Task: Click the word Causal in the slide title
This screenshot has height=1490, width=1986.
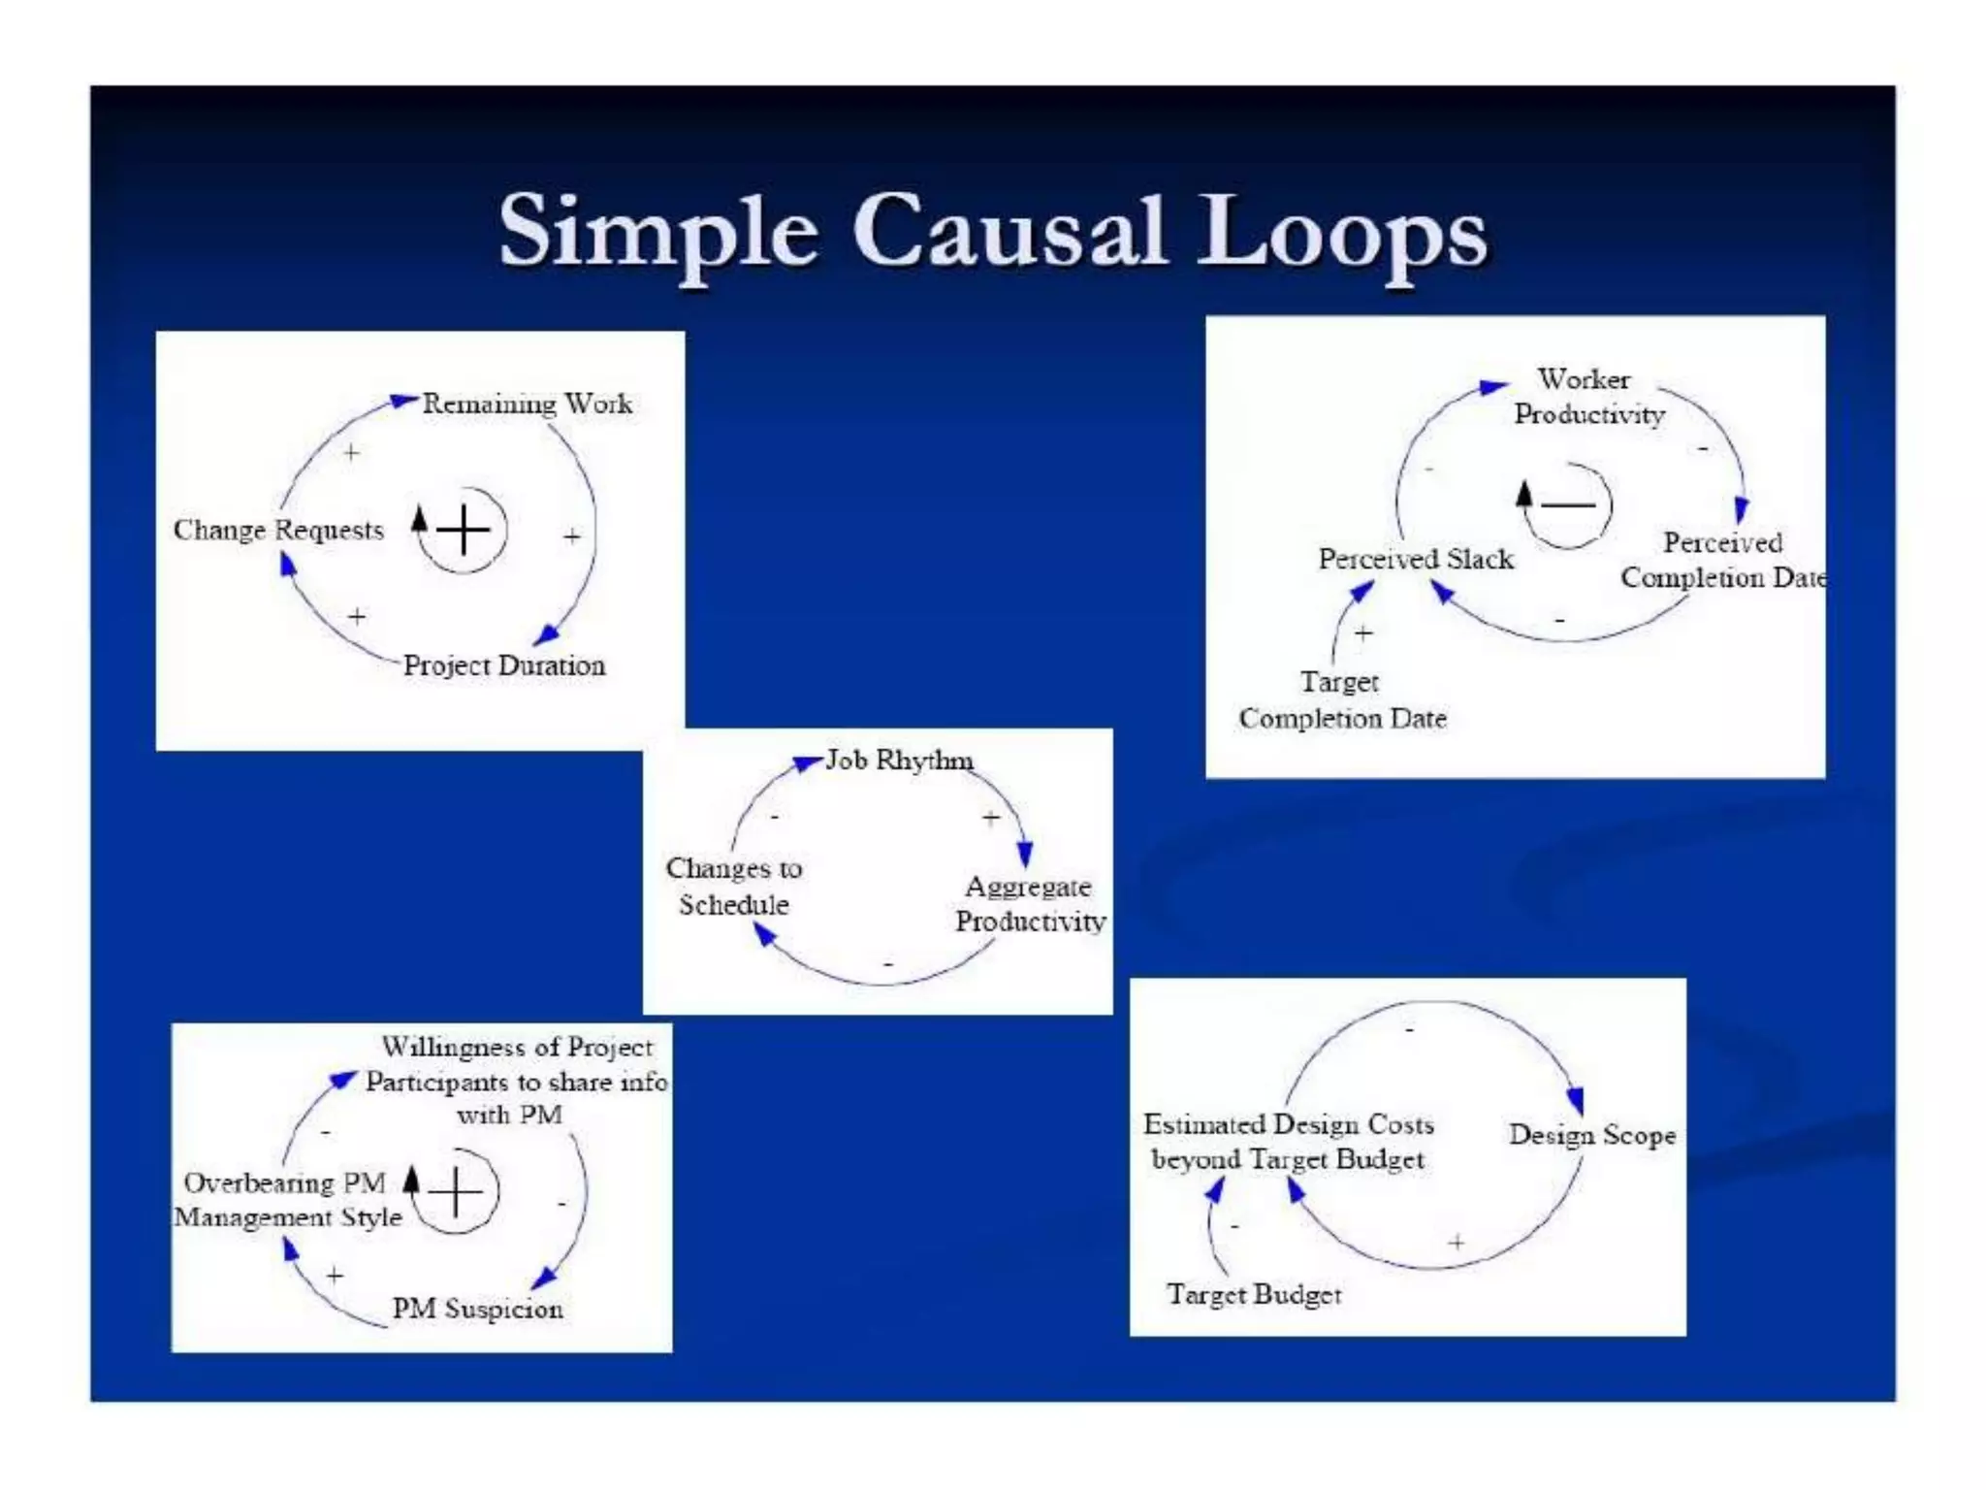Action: (x=1009, y=231)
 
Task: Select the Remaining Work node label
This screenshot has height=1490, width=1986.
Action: (x=527, y=404)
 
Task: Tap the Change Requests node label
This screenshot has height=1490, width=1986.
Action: (x=278, y=530)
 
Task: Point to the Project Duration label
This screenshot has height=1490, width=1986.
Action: (x=504, y=665)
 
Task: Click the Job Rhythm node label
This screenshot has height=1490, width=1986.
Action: (x=899, y=761)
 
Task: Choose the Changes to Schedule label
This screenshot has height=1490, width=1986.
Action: (x=734, y=886)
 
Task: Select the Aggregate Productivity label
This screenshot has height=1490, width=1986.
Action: (x=1030, y=903)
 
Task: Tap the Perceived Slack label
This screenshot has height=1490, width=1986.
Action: (x=1416, y=559)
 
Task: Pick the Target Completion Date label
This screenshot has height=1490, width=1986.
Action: (x=1342, y=700)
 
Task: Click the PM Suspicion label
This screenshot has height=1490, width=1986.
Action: (x=477, y=1309)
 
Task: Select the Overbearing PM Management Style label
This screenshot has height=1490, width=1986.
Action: (x=287, y=1200)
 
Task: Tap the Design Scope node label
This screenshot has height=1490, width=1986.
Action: (x=1592, y=1135)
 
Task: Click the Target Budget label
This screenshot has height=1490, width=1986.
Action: (x=1254, y=1294)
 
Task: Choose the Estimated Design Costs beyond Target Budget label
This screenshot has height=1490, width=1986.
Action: (x=1288, y=1142)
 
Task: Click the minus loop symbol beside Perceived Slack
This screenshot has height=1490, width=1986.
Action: (x=1567, y=504)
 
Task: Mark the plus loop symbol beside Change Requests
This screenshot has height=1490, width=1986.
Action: (x=464, y=530)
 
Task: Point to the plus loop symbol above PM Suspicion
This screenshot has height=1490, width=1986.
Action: (x=456, y=1191)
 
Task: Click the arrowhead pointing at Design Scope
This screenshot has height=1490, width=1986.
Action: (x=1576, y=1100)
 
